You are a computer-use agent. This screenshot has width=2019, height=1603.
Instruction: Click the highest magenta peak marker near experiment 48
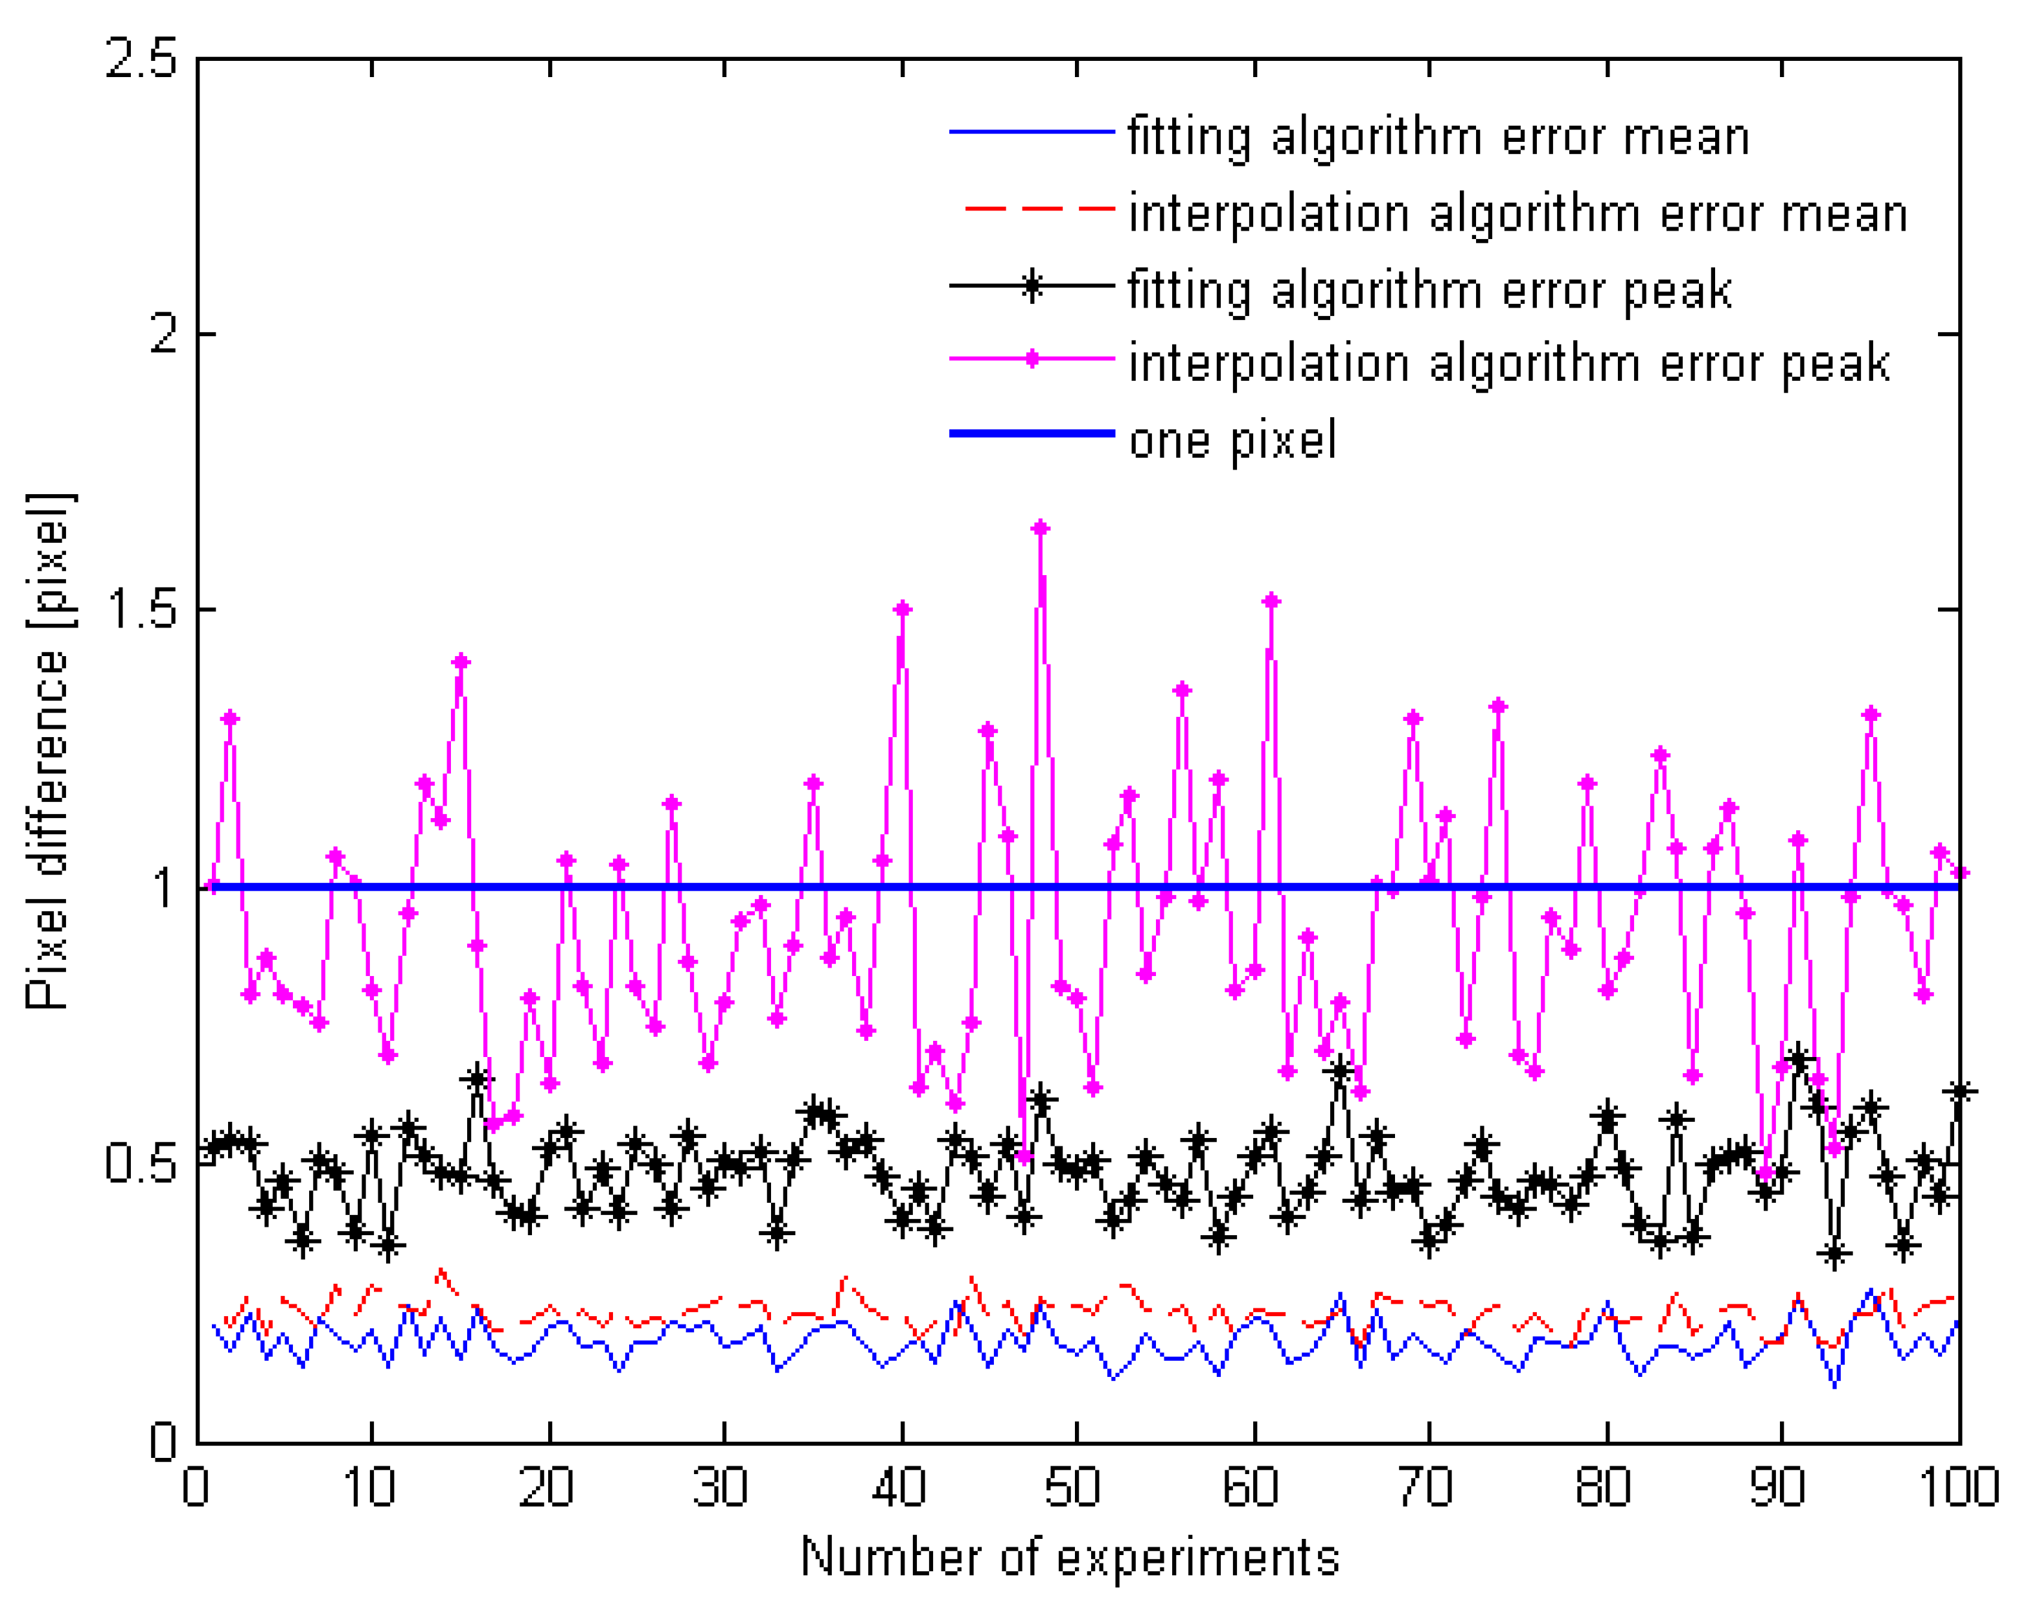1041,528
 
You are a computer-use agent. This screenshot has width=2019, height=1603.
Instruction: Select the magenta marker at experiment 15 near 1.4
460,662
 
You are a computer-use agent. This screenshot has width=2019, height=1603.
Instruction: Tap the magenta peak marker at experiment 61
1271,600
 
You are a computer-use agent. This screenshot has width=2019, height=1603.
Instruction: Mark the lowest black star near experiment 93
1834,1253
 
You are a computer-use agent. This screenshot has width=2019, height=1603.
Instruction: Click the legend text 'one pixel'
1232,440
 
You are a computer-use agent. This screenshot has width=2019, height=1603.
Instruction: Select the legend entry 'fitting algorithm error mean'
1437,136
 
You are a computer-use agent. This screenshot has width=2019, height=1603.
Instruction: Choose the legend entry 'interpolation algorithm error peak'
1508,363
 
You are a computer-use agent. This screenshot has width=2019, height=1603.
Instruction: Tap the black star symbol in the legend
1031,286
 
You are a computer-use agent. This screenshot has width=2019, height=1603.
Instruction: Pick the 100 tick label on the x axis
1959,1486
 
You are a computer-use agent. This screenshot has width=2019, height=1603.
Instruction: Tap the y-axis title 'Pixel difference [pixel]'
47,749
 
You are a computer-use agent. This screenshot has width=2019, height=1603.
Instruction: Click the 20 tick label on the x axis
546,1486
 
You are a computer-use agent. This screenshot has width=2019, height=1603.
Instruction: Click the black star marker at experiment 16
478,1078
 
